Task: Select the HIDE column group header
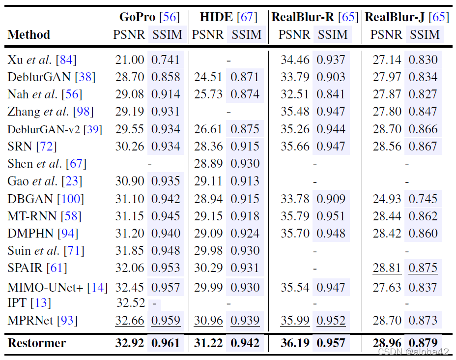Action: [x=228, y=17]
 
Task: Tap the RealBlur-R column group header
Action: [x=314, y=17]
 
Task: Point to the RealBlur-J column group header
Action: [x=406, y=17]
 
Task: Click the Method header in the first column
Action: [x=29, y=35]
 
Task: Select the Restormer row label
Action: [x=37, y=343]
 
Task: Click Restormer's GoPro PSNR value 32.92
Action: [x=130, y=343]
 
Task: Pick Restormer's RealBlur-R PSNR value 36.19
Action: [x=295, y=343]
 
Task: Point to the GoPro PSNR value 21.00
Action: [x=130, y=60]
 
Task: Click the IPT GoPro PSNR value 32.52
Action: [x=131, y=302]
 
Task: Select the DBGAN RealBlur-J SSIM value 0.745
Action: [x=423, y=199]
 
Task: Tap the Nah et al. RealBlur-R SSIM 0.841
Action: [x=331, y=94]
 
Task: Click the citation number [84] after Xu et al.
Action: [x=66, y=60]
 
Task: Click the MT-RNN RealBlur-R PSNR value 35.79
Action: [x=295, y=216]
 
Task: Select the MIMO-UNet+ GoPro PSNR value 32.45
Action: [x=130, y=287]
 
